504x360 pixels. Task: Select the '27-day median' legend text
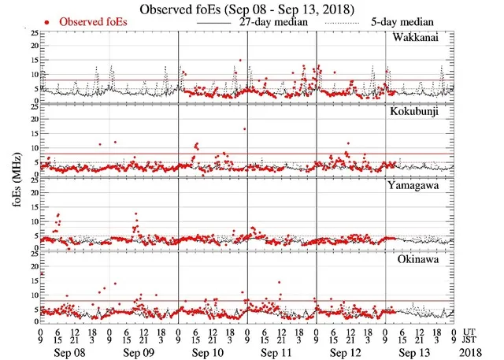[x=276, y=22]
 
